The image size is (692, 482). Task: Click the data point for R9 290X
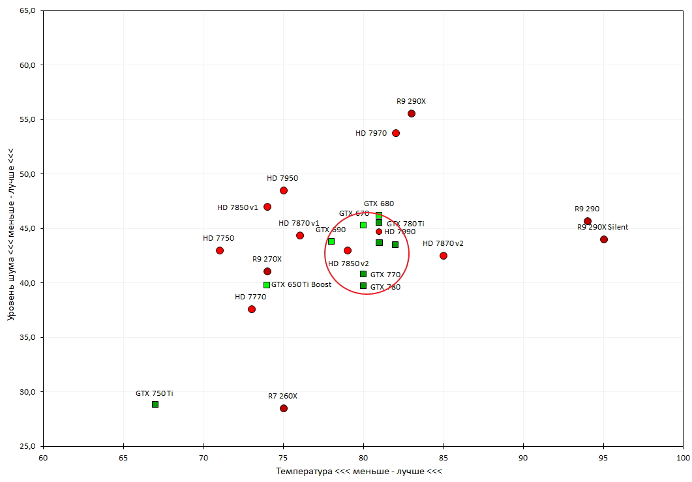tap(412, 113)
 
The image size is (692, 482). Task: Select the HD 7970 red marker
tap(396, 133)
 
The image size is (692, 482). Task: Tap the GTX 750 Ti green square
tap(155, 404)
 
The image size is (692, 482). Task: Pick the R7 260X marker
tap(284, 408)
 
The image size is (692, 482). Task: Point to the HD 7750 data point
tap(220, 250)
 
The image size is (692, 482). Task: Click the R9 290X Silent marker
tap(604, 239)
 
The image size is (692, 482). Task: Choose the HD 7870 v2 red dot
tap(444, 256)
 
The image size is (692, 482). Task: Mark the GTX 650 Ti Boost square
tap(267, 285)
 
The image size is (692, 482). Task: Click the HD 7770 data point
tap(252, 309)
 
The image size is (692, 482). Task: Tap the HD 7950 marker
tap(284, 190)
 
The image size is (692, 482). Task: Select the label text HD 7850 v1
tap(237, 207)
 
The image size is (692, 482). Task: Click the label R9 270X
tap(266, 259)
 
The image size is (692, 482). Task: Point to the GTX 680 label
tap(379, 203)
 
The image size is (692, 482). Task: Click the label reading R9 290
tap(587, 209)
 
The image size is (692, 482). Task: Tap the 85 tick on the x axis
tap(444, 458)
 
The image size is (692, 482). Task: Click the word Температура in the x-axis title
tap(305, 471)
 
